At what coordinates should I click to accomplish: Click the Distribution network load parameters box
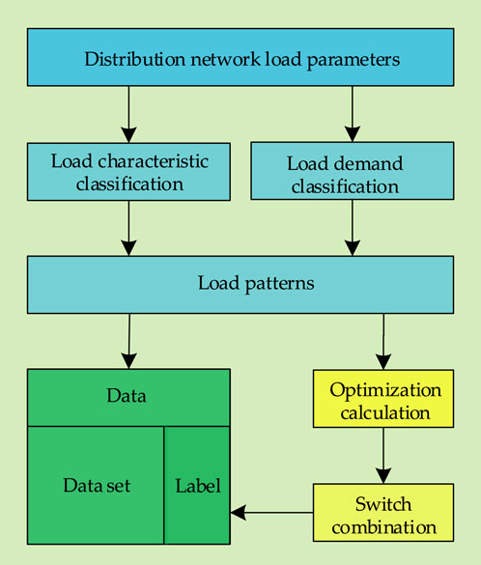coord(240,57)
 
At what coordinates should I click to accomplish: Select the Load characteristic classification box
coord(128,172)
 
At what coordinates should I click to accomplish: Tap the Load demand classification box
coord(353,171)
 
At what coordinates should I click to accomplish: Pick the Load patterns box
coord(240,285)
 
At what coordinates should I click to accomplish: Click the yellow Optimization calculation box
coord(383,399)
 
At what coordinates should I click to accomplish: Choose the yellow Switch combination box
coord(383,513)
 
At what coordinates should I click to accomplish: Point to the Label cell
coord(197,486)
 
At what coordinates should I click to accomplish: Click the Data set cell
coord(96,486)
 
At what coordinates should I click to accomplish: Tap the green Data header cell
coord(128,398)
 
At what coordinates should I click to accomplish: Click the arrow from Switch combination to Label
coord(271,513)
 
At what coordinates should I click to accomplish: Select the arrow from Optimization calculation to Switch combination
coord(383,456)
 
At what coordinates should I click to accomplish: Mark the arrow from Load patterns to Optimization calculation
coord(383,342)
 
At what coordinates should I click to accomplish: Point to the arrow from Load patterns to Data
coord(129,341)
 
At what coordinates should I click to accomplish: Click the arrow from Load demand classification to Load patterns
coord(353,228)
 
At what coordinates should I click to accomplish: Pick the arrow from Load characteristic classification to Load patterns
coord(128,229)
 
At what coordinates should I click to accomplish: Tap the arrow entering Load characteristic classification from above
coord(128,115)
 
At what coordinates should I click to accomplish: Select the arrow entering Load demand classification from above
coord(353,114)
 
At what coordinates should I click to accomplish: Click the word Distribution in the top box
coord(135,59)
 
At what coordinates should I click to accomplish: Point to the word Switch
coord(383,504)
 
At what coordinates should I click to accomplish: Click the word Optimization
coord(385,390)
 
